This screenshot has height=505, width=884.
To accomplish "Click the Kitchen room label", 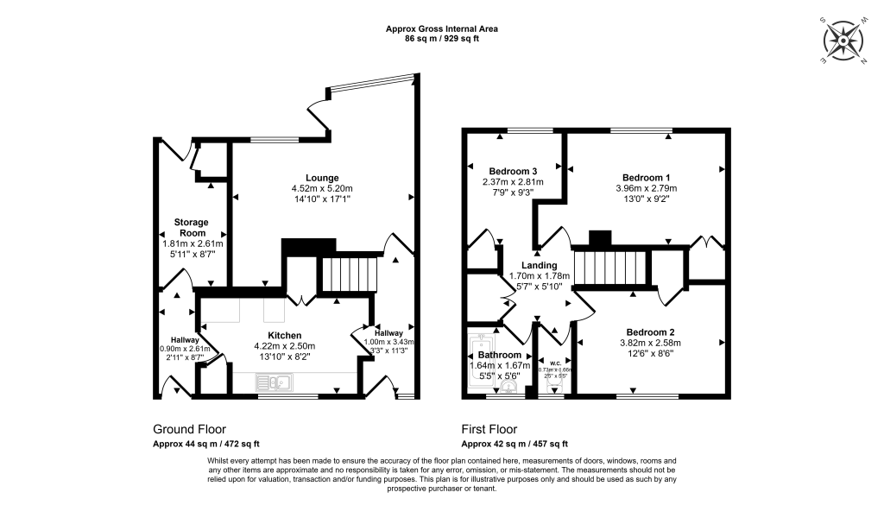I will [284, 335].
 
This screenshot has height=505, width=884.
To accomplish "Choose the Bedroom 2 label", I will [647, 331].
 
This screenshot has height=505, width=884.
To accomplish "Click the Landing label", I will [539, 265].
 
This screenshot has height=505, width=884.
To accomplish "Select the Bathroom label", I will [501, 355].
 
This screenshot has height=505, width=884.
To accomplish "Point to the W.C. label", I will [548, 362].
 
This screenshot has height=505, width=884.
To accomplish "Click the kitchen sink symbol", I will [275, 381].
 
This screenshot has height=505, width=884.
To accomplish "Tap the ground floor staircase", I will [350, 275].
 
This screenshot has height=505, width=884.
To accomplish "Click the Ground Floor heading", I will [189, 429].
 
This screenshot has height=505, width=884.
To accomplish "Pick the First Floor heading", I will [489, 429].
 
